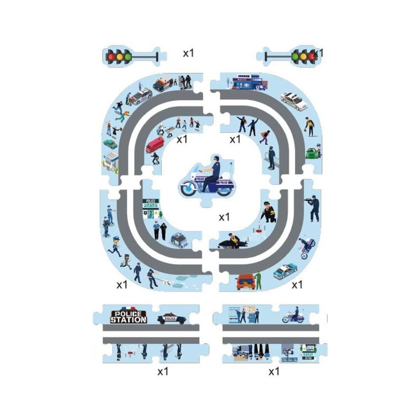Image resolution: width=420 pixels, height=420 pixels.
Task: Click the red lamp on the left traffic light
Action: tap(112, 56)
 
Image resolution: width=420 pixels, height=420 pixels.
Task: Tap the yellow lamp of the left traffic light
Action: tap(120, 56)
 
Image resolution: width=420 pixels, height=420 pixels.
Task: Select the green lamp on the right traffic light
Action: tap(295, 56)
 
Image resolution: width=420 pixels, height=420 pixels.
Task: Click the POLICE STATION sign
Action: tap(128, 317)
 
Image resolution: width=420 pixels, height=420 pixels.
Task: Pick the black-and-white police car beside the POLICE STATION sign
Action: tap(171, 318)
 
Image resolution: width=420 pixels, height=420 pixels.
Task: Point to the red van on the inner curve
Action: tap(155, 144)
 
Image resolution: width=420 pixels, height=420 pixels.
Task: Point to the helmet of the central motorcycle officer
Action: tap(216, 158)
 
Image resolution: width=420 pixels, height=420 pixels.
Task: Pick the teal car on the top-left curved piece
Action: tap(110, 143)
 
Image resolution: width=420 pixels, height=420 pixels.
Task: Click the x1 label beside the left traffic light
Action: tap(188, 53)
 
